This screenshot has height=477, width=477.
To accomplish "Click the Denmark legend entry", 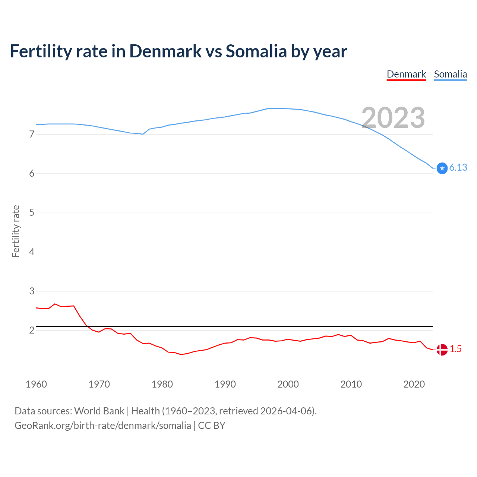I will tap(406, 74).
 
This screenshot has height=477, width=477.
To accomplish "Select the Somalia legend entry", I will tap(450, 74).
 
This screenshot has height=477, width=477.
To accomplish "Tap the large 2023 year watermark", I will tap(393, 118).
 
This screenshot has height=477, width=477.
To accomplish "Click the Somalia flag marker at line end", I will tap(442, 168).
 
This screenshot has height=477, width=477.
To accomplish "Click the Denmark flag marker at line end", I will tap(442, 350).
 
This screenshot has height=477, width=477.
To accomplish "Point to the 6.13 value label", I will tap(458, 168).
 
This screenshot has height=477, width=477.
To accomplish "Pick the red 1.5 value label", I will tap(455, 349).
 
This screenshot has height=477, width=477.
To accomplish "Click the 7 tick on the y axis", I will tap(32, 134).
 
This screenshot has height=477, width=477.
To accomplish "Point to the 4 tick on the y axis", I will tap(32, 252).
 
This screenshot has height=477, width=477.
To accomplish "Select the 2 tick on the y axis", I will tap(32, 331).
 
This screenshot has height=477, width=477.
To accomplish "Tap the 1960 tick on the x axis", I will tap(36, 384).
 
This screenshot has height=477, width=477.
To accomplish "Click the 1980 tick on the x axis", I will tap(162, 384).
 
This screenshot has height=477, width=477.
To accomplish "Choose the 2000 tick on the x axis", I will tap(288, 384).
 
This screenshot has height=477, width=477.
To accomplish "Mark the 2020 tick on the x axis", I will tap(414, 384).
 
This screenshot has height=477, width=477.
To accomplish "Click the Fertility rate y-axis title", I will tap(16, 231).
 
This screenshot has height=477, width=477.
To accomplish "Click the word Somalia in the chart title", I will tap(256, 51).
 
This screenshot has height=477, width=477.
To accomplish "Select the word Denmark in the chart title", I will tap(165, 51).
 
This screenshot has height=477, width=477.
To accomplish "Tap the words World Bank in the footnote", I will tap(99, 411).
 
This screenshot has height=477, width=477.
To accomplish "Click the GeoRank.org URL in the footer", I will tap(102, 426).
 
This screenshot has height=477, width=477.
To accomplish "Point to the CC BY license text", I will tap(212, 426).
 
